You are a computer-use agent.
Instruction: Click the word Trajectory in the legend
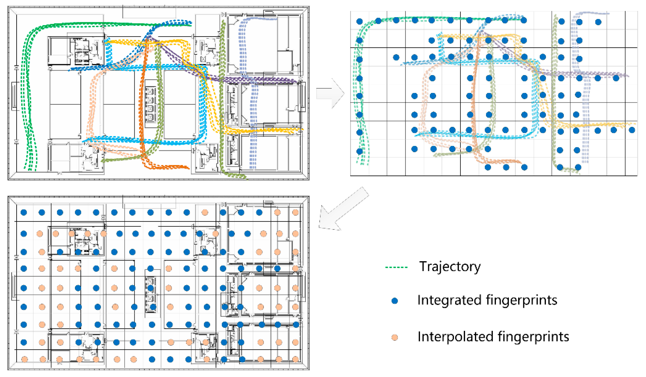click(450, 267)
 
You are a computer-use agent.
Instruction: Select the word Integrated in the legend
click(449, 300)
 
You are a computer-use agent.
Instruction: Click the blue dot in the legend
click(395, 301)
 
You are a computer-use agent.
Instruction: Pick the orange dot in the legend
click(395, 338)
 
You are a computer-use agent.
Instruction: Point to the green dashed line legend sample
click(396, 267)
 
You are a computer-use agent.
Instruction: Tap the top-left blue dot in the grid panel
click(360, 21)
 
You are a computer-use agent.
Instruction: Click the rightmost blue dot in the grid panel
click(632, 130)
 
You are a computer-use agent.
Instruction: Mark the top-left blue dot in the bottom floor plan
click(24, 212)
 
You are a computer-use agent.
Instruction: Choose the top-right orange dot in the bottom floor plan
click(295, 212)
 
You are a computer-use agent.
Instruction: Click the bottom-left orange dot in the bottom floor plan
click(24, 359)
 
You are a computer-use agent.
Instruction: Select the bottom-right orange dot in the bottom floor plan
click(295, 359)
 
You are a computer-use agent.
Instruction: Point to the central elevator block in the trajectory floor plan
click(151, 104)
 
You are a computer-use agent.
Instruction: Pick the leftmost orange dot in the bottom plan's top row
click(204, 212)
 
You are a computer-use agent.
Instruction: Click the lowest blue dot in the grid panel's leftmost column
click(360, 151)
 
